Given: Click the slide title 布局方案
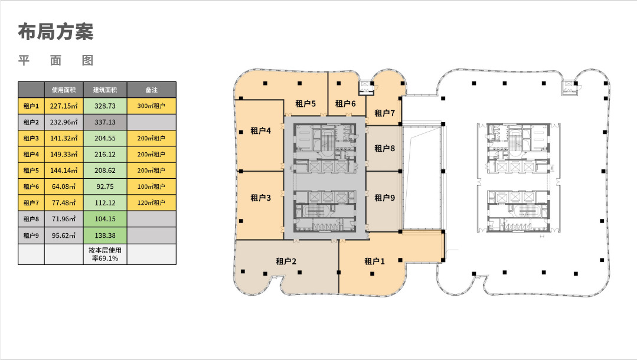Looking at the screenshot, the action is (x=55, y=32).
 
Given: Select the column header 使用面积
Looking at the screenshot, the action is (x=64, y=90).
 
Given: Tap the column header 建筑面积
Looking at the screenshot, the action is (x=105, y=90).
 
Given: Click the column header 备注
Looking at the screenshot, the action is (x=152, y=90).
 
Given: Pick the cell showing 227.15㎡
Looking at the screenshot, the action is (x=64, y=106).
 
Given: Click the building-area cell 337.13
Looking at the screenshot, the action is (x=105, y=122).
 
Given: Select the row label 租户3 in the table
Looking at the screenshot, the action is (x=31, y=138).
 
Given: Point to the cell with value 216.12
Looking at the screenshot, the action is (x=105, y=155).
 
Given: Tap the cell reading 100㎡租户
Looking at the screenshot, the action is (x=152, y=186).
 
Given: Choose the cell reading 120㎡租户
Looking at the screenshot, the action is (x=152, y=203).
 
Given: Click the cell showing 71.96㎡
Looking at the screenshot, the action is (x=64, y=219).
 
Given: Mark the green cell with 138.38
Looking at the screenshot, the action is (x=105, y=235).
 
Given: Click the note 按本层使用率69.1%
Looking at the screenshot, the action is (x=105, y=254).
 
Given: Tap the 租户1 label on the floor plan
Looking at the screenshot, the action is (x=374, y=261).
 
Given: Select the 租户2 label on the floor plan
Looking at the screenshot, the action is (x=286, y=261).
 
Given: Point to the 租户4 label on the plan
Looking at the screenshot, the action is (x=260, y=130).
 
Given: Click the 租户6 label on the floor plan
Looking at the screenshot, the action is (x=345, y=104).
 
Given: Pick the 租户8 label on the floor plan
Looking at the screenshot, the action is (x=384, y=148).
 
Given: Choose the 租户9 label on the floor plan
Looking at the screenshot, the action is (x=384, y=198).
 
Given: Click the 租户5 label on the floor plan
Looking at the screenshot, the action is (x=305, y=104).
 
